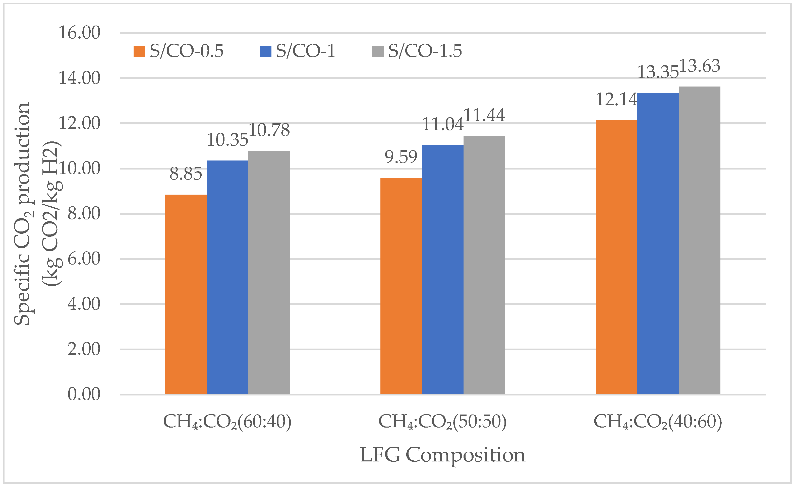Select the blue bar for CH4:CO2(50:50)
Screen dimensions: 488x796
442,270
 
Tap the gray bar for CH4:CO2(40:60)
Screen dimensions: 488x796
699,240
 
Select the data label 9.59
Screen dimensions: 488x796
401,157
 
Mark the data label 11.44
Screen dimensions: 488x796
484,115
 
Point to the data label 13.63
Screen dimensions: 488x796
700,66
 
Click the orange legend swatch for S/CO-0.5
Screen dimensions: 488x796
139,51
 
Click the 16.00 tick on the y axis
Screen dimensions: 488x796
79,33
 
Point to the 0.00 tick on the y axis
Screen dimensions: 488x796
84,394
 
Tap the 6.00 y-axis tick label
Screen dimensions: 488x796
84,259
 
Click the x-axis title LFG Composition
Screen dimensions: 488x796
442,455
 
